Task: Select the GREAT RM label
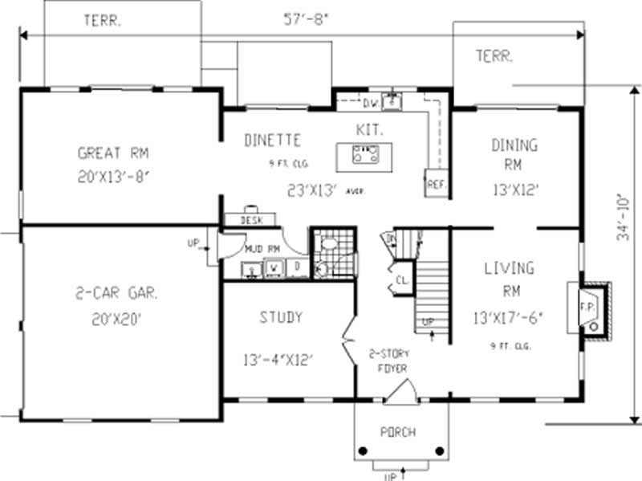113,153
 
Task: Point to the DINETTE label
273,141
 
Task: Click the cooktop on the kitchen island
365,154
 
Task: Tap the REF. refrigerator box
436,184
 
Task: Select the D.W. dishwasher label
370,104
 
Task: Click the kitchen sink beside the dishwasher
392,102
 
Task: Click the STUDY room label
281,317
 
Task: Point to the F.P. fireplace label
585,307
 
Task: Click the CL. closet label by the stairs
400,280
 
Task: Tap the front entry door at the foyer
400,393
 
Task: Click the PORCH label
399,432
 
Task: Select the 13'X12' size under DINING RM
514,190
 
